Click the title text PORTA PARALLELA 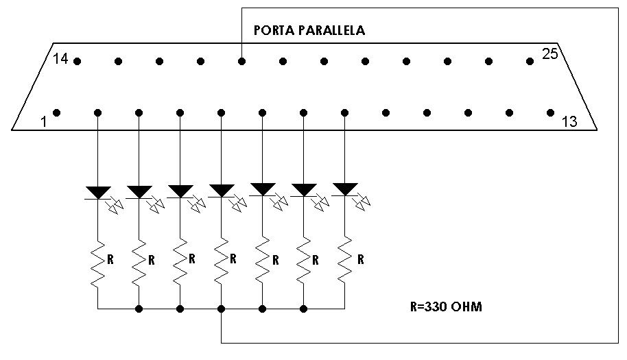[309, 30]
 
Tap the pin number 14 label [61, 59]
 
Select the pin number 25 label [549, 53]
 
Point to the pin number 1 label [44, 121]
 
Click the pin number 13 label [569, 121]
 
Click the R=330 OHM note [446, 307]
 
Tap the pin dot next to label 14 [78, 61]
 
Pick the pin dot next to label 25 [530, 61]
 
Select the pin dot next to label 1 [57, 112]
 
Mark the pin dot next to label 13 [550, 112]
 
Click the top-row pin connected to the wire [241, 61]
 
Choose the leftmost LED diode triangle [98, 192]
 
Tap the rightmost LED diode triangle [344, 189]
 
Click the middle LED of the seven [221, 191]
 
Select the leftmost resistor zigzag [98, 264]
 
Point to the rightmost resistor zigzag [344, 261]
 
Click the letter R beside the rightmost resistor [361, 260]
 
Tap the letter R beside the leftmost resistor [110, 260]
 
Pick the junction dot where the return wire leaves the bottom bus [221, 309]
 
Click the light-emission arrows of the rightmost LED [362, 202]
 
